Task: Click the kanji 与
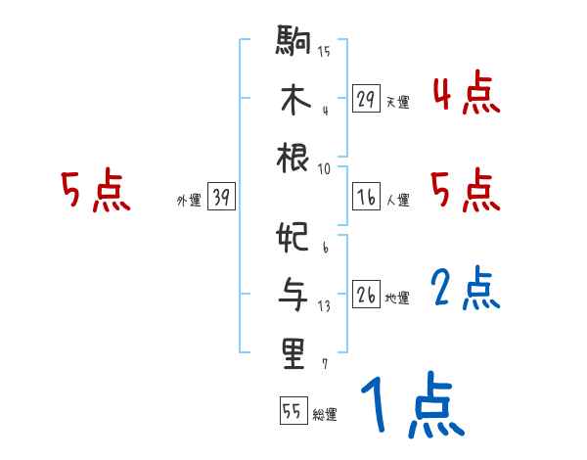pyautogui.click(x=294, y=295)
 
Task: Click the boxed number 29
pyautogui.click(x=366, y=99)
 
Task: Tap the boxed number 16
pyautogui.click(x=366, y=197)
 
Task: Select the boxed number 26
pyautogui.click(x=366, y=295)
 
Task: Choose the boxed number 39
pyautogui.click(x=221, y=198)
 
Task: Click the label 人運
pyautogui.click(x=398, y=201)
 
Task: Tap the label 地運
pyautogui.click(x=398, y=299)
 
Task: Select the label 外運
pyautogui.click(x=189, y=201)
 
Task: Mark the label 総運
pyautogui.click(x=326, y=414)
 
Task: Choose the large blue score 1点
pyautogui.click(x=411, y=406)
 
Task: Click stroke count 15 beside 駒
pyautogui.click(x=324, y=51)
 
